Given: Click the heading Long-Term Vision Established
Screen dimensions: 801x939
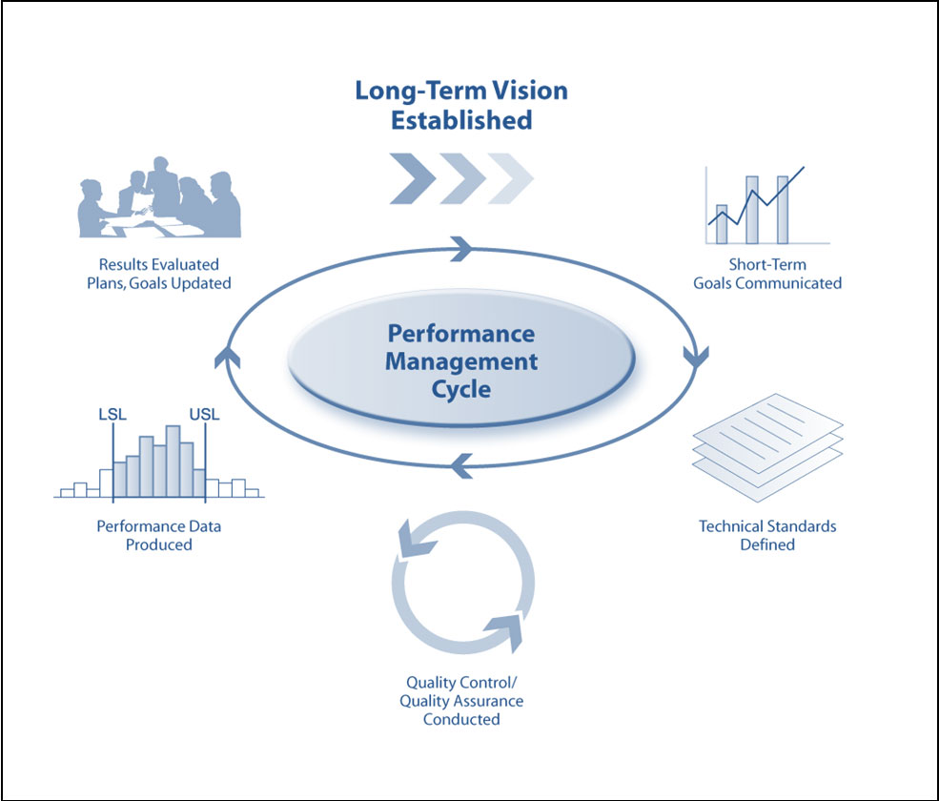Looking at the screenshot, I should click(x=461, y=105).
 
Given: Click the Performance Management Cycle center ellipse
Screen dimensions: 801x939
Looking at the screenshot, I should click(x=461, y=361).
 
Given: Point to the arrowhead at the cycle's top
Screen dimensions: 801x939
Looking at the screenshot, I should click(x=461, y=249).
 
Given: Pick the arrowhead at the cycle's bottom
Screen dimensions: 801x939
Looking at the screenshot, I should click(x=461, y=466).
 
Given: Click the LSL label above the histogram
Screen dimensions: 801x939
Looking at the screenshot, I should click(x=112, y=416).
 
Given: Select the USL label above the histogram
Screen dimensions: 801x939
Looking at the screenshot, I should click(x=204, y=416).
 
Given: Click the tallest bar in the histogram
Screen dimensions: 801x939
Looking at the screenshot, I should click(x=173, y=462).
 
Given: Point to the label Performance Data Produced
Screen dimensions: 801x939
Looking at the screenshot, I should click(x=159, y=535).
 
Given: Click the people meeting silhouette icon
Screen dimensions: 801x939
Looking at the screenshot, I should click(x=158, y=203).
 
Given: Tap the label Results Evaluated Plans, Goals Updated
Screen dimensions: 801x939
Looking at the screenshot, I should click(x=159, y=273).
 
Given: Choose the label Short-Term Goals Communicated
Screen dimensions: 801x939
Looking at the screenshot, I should click(x=767, y=273).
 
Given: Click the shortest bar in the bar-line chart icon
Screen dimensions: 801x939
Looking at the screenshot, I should click(x=722, y=224).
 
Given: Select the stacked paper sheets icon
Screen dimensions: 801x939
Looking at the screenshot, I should click(x=767, y=448).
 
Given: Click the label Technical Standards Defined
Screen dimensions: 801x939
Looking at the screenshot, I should click(x=767, y=535).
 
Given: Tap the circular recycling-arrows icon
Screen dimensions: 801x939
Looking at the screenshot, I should click(x=462, y=585).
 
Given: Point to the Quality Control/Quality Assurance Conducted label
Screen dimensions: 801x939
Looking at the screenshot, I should click(x=462, y=701).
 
